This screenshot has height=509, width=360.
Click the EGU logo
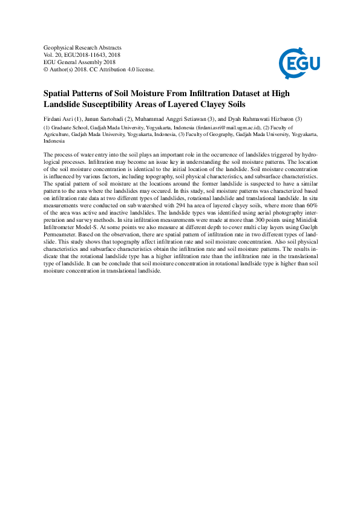299,60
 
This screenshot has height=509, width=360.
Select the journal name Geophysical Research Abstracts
83,47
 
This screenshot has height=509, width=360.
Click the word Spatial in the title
58,94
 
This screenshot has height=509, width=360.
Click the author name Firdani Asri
59,118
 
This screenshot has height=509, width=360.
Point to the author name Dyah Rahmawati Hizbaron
260,118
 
